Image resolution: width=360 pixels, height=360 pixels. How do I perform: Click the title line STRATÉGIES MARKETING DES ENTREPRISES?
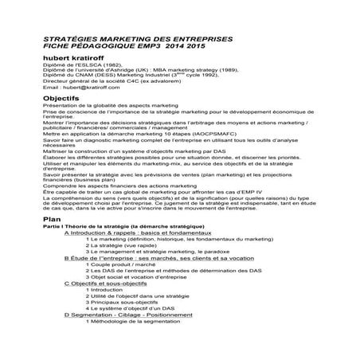pos(127,37)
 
